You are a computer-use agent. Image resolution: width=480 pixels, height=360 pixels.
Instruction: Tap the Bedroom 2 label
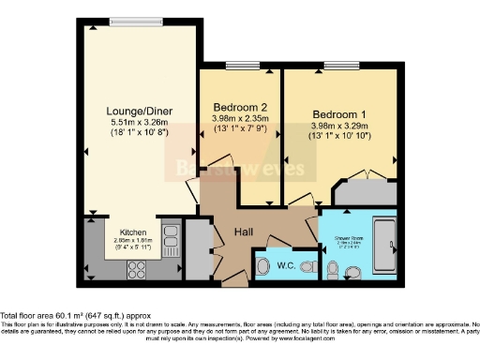click(x=240, y=106)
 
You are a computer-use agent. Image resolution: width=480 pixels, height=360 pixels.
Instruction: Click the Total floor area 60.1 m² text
click(x=76, y=316)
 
